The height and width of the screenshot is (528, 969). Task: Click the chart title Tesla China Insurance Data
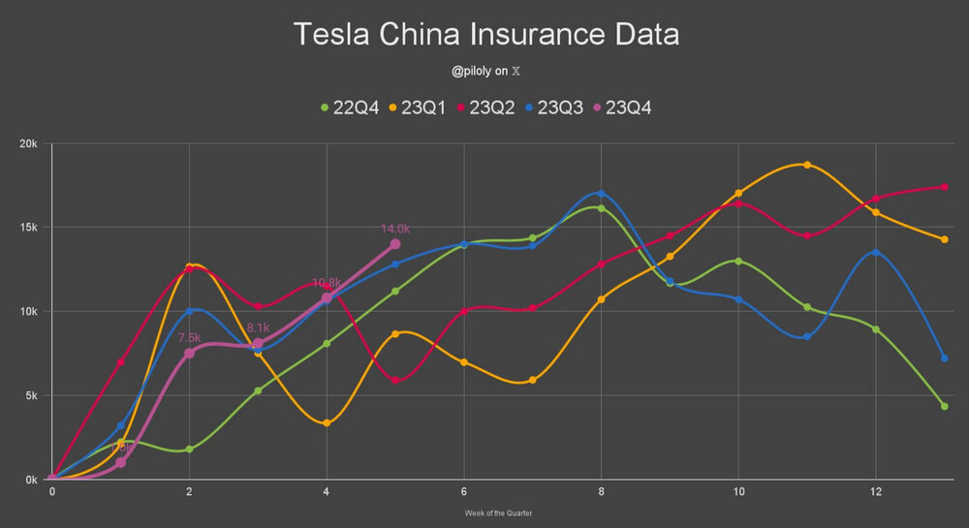tap(485, 35)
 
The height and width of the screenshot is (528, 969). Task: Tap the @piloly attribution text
tap(485, 71)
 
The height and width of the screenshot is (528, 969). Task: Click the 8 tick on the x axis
tap(602, 492)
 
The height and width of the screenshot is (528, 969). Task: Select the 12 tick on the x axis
tap(876, 492)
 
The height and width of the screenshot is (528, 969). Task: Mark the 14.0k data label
tap(395, 229)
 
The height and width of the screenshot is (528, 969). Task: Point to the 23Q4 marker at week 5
tap(395, 244)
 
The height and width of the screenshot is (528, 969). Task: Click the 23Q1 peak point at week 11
tap(807, 165)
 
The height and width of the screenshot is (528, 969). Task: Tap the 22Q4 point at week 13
tap(944, 406)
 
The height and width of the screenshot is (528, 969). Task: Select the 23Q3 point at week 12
tap(876, 252)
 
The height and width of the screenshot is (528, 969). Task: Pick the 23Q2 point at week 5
tap(395, 381)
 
